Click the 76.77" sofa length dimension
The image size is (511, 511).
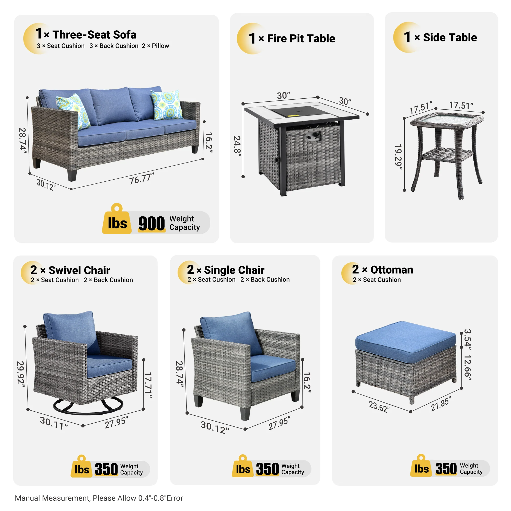(x=142, y=179)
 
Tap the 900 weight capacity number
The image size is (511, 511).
(x=152, y=224)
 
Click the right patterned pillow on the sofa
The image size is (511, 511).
(x=167, y=105)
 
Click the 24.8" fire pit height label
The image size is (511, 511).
(x=237, y=146)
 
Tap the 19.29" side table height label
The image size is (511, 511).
(x=398, y=157)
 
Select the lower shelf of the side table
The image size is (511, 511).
(x=447, y=154)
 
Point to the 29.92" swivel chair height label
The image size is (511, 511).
(x=21, y=375)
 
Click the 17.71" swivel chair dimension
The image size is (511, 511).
(x=148, y=385)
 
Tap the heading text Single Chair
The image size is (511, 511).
(x=234, y=270)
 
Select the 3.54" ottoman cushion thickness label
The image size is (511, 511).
(x=468, y=339)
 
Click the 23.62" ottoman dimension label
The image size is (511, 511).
(x=379, y=407)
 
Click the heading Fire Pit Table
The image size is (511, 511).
(x=301, y=39)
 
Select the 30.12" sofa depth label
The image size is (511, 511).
(x=46, y=184)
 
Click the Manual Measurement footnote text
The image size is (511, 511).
(x=99, y=498)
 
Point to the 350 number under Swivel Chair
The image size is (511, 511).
(x=106, y=469)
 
